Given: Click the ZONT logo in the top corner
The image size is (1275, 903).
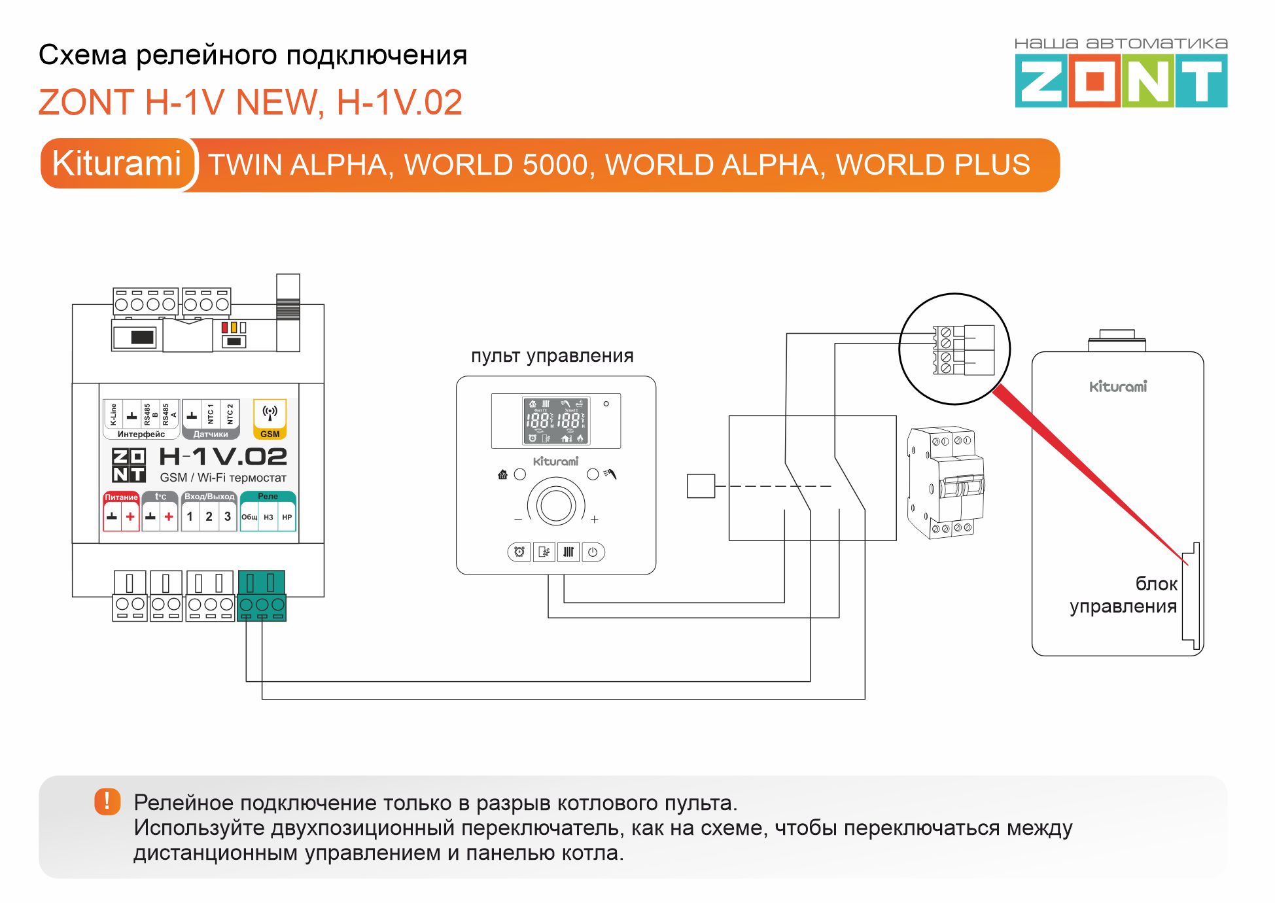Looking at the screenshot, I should pos(1121,80).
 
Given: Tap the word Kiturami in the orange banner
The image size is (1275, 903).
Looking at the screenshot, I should pos(116,164).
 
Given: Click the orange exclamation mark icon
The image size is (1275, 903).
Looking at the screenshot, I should pos(107,801).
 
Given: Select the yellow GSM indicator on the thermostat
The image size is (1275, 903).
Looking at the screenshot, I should pos(270,419).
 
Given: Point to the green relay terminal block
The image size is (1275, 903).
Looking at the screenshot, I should pos(262,595).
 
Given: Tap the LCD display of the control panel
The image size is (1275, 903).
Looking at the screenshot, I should pos(556,420).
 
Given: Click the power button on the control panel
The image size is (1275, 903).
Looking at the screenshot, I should pos(593,552).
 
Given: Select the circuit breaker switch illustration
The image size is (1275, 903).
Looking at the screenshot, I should pos(946,483).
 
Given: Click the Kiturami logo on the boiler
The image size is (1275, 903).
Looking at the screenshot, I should pos(1118,387).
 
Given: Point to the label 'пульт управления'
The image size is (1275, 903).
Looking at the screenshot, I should pos(552,356).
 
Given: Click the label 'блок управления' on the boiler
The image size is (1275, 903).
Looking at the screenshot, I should pos(1124,595).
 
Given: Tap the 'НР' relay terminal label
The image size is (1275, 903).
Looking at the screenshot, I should pos(287,517).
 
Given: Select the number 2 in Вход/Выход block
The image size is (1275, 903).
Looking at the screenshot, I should pos(209,516).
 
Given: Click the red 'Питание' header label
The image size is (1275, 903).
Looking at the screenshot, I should pos(121,497).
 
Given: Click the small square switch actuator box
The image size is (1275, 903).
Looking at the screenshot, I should pos(701,486).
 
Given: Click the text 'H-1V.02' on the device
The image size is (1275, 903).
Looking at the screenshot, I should pos(223,457).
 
